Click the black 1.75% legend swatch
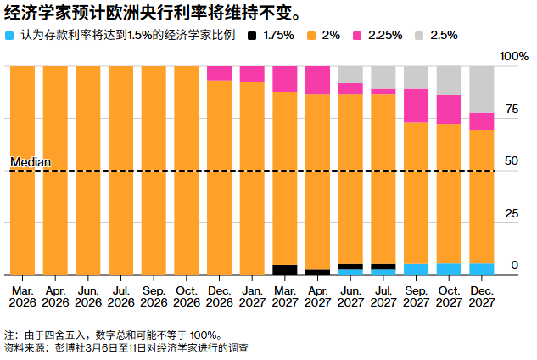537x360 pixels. pyautogui.click(x=252, y=36)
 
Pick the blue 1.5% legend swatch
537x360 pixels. pyautogui.click(x=9, y=36)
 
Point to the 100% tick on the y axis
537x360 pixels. pyautogui.click(x=514, y=56)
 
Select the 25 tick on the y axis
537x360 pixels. pyautogui.click(x=511, y=213)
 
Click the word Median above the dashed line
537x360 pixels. pyautogui.click(x=31, y=161)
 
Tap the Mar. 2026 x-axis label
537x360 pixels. pyautogui.click(x=22, y=295)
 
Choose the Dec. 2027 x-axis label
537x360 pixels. pyautogui.click(x=482, y=295)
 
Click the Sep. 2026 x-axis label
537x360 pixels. pyautogui.click(x=154, y=295)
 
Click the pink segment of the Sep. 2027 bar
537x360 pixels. pyautogui.click(x=416, y=105)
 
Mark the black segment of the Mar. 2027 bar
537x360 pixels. pyautogui.click(x=285, y=270)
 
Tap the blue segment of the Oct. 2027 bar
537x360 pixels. pyautogui.click(x=449, y=269)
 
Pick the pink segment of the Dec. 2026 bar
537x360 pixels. pyautogui.click(x=219, y=73)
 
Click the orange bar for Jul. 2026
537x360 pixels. pyautogui.click(x=120, y=170)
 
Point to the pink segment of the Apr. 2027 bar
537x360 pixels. pyautogui.click(x=317, y=80)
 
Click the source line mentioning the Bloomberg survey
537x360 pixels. pyautogui.click(x=127, y=348)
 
